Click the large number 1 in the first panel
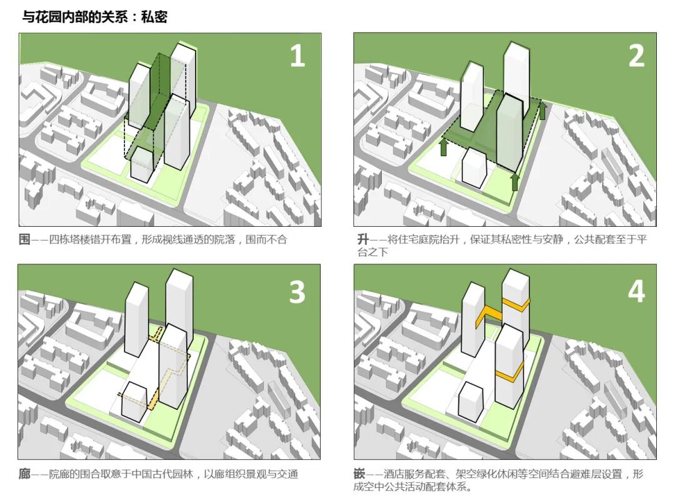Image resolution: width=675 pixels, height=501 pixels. [x=297, y=56]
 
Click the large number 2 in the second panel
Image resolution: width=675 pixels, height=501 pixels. [x=637, y=56]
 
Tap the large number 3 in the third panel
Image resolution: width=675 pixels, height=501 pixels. [x=297, y=292]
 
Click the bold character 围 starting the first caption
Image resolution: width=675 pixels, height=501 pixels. [x=24, y=239]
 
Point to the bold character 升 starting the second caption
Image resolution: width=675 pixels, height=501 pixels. [x=363, y=239]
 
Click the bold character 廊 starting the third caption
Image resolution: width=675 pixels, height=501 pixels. [x=24, y=474]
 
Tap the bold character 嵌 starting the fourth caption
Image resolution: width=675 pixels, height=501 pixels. [x=359, y=474]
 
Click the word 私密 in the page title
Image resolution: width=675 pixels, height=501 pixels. [x=154, y=17]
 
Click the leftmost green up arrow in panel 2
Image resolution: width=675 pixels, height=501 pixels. [x=443, y=147]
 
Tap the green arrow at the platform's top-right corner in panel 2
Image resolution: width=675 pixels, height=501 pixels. [x=542, y=110]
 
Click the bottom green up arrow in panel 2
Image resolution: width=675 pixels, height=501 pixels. [x=515, y=182]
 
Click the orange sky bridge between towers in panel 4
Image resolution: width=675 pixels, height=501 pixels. [x=489, y=315]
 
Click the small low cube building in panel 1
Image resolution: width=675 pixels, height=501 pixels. [x=142, y=164]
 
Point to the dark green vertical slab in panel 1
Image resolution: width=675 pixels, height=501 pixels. [x=161, y=91]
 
